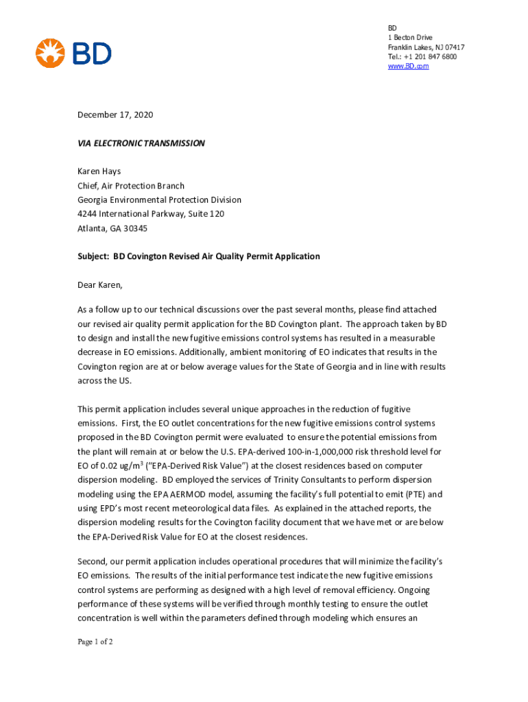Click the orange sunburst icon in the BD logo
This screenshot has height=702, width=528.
pyautogui.click(x=50, y=53)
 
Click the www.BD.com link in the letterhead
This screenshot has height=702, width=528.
pyautogui.click(x=408, y=66)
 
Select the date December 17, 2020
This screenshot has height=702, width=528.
pyautogui.click(x=115, y=115)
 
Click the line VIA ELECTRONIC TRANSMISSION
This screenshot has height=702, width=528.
pyautogui.click(x=141, y=143)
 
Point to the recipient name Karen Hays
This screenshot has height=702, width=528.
pyautogui.click(x=101, y=171)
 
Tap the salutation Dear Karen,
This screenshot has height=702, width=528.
pyautogui.click(x=104, y=285)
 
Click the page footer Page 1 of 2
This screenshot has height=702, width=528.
pyautogui.click(x=95, y=642)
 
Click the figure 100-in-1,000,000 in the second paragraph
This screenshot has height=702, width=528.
pyautogui.click(x=309, y=452)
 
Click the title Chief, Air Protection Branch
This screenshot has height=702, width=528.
pyautogui.click(x=131, y=186)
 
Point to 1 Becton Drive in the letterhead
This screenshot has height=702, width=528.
pyautogui.click(x=410, y=37)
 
